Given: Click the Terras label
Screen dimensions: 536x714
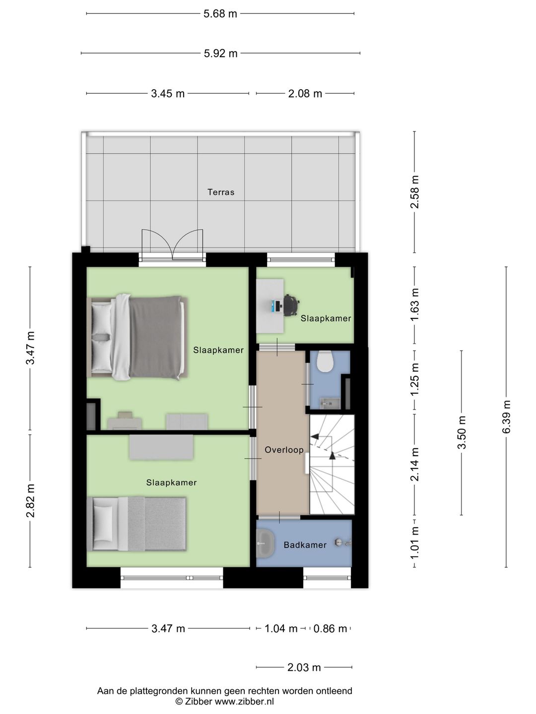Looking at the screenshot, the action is (x=221, y=192).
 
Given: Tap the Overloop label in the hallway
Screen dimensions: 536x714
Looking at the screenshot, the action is (x=284, y=450).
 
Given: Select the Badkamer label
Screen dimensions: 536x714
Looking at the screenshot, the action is (x=305, y=545).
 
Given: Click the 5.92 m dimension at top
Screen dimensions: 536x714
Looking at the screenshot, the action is (x=221, y=54).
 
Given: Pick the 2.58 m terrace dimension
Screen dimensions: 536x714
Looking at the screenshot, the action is (x=414, y=192).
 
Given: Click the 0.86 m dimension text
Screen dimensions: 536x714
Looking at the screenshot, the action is (x=330, y=629).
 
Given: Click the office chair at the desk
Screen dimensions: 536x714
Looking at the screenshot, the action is (x=291, y=305).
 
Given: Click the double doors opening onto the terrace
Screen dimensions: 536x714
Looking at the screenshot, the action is (x=172, y=245).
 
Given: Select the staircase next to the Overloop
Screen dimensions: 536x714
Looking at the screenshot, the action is (x=332, y=465).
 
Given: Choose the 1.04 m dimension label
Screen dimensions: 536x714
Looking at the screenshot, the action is (x=281, y=629).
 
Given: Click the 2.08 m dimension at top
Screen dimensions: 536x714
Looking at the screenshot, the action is (x=305, y=94).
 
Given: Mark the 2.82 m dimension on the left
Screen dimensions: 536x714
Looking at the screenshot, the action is (x=30, y=501).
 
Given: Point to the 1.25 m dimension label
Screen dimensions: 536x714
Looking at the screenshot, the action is (x=414, y=380).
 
